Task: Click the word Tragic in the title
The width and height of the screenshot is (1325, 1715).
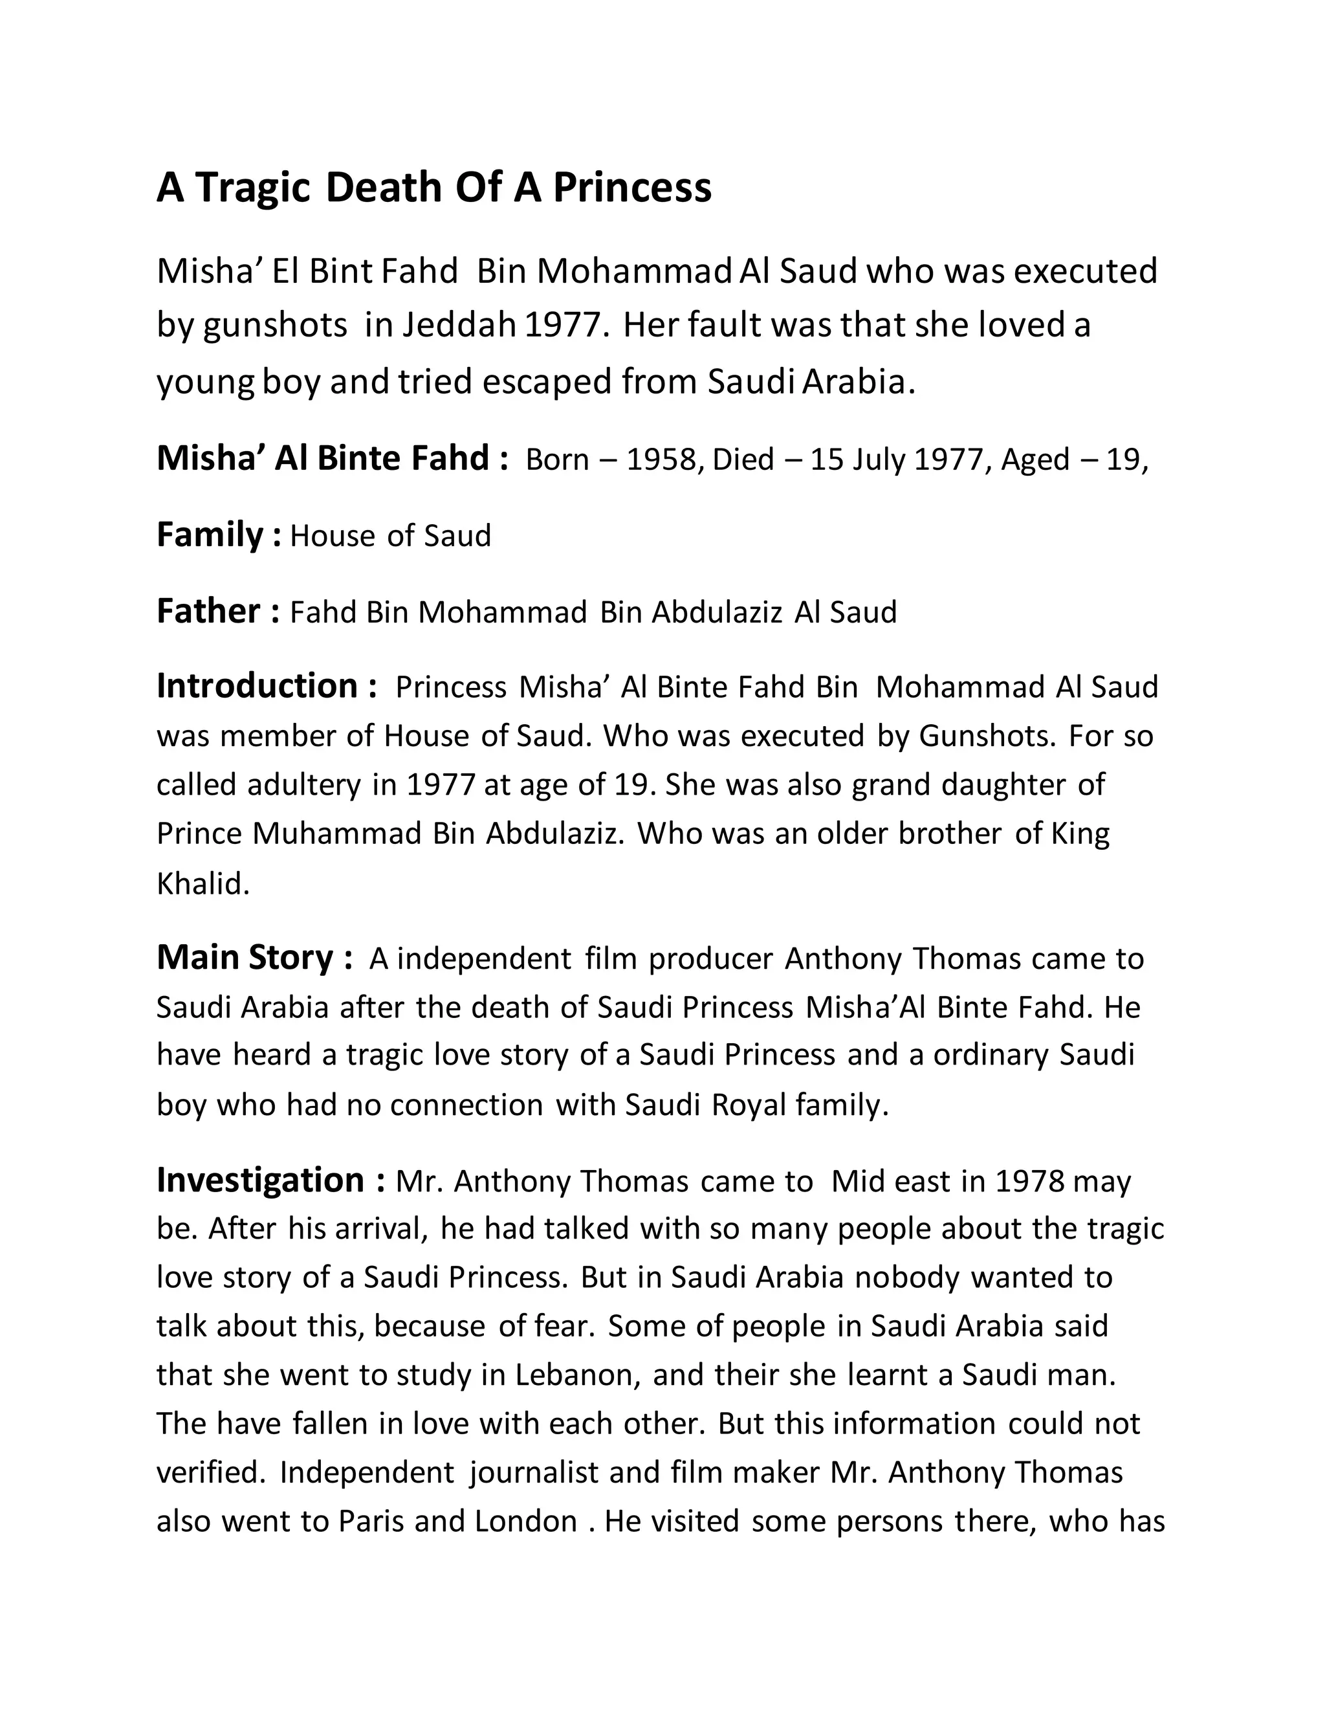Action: [x=254, y=188]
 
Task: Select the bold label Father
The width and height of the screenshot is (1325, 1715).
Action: [x=208, y=611]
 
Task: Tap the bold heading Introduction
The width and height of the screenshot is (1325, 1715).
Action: [x=257, y=686]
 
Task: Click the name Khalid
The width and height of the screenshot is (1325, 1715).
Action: [x=203, y=884]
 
